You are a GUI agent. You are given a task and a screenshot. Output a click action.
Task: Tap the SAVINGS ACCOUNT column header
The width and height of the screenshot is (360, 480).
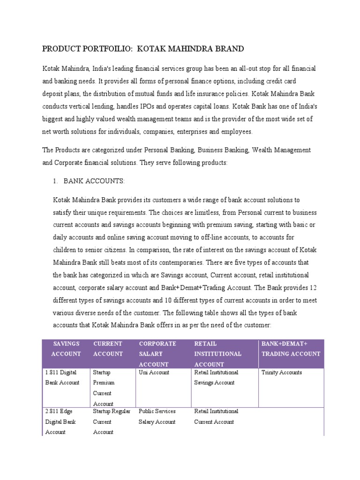pyautogui.click(x=66, y=349)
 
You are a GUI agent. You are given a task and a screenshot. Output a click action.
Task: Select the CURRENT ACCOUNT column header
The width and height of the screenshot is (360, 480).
pyautogui.click(x=108, y=349)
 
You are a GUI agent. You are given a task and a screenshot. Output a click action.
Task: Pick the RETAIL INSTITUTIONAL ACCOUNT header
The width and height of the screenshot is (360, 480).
pyautogui.click(x=218, y=354)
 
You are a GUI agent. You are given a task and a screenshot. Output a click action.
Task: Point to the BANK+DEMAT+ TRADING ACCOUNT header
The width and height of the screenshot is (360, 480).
pyautogui.click(x=291, y=349)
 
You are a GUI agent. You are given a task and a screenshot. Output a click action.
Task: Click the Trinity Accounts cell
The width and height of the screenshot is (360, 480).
pyautogui.click(x=282, y=373)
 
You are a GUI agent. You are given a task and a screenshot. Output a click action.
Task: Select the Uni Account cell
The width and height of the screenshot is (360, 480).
pyautogui.click(x=154, y=373)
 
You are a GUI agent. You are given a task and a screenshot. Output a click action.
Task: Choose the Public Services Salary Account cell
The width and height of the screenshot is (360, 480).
pyautogui.click(x=157, y=416)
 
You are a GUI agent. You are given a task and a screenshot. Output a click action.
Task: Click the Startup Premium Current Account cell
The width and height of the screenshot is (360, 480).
pyautogui.click(x=104, y=388)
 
